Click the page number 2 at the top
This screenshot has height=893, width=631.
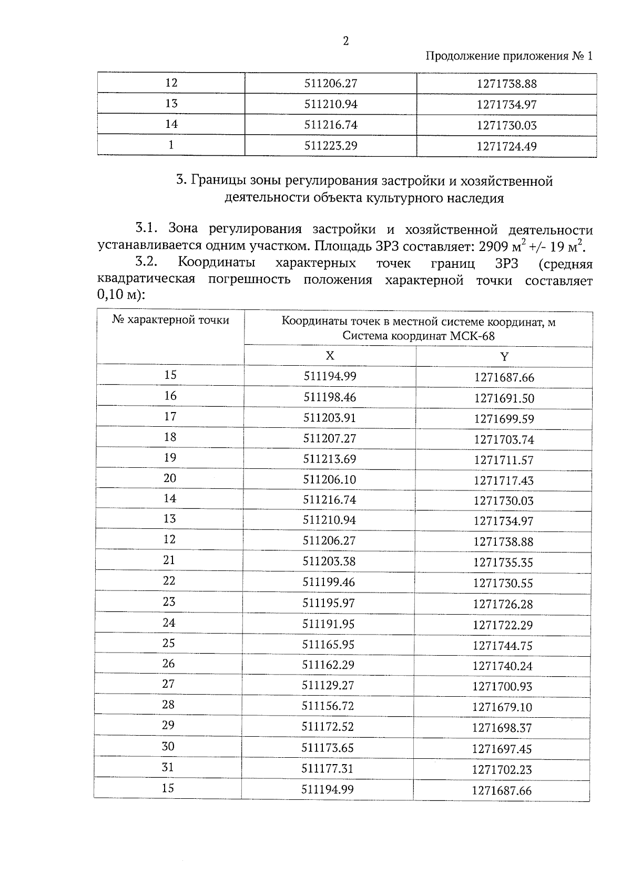(345, 41)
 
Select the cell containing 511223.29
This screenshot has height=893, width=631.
(331, 145)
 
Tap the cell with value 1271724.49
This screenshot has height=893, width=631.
(506, 146)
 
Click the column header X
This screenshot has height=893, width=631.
(330, 356)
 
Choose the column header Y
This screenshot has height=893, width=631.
(504, 357)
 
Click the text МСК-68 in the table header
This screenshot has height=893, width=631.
(472, 336)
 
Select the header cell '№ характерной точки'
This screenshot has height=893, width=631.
(170, 320)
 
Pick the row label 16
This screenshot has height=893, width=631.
(170, 396)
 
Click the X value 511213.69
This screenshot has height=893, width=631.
(330, 459)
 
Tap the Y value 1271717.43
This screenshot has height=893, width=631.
(503, 480)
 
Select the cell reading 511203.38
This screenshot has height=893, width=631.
(329, 561)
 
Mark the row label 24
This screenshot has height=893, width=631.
(169, 623)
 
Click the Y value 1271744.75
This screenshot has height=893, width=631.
(503, 645)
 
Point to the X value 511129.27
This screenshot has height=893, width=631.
(328, 685)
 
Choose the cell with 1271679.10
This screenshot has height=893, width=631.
(502, 707)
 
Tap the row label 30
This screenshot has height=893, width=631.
(168, 746)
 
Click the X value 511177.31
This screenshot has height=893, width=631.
(328, 768)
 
